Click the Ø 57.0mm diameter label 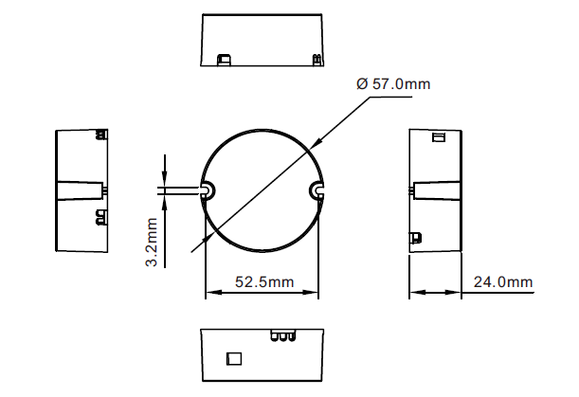coord(393,83)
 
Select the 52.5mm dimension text coord(264,282)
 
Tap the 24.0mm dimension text coord(503,282)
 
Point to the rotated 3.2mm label coord(152,243)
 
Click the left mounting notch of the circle coord(208,190)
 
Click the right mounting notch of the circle coord(317,190)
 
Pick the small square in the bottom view coord(234,358)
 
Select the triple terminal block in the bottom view coord(282,335)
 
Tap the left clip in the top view coord(224,60)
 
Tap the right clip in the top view coord(317,60)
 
